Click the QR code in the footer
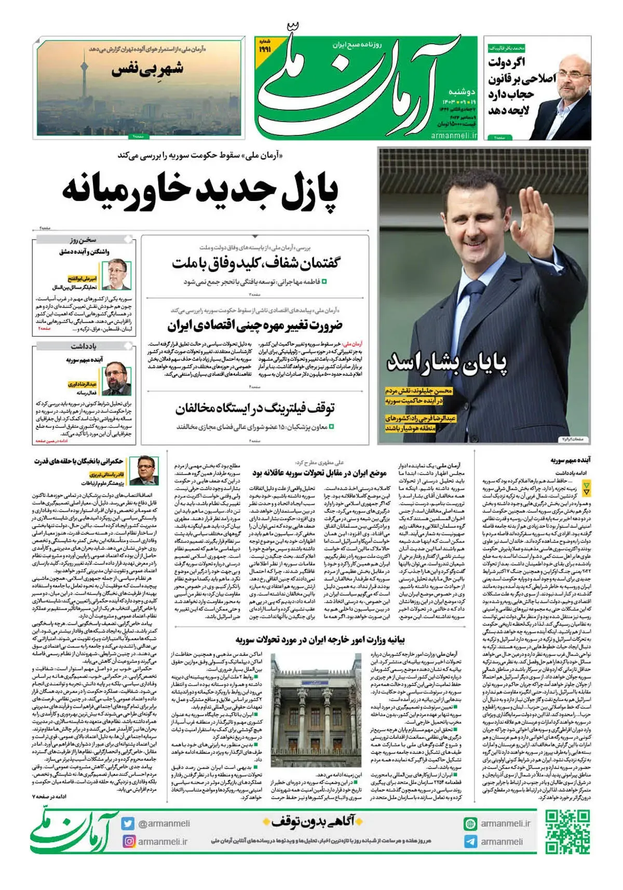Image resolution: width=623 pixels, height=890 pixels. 567,832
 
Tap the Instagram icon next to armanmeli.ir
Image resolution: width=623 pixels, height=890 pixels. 128,841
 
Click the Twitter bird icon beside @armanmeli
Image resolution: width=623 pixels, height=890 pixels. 128,824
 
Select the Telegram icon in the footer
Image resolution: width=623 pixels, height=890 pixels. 470,841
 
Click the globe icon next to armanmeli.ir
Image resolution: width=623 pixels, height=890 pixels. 470,824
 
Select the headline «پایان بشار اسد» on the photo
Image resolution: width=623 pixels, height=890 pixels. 446,362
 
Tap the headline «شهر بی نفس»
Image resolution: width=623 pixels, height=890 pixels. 148,69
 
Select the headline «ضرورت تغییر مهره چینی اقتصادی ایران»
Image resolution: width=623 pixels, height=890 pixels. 255,326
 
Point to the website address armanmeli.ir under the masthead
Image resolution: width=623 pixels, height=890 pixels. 453,135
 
